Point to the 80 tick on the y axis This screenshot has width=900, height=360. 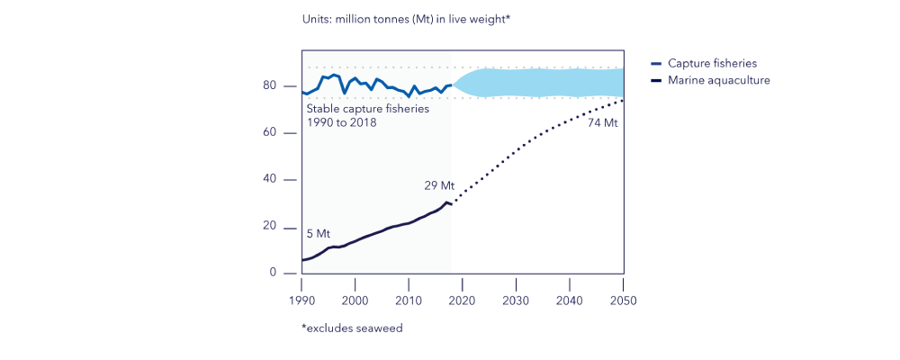(x=270, y=85)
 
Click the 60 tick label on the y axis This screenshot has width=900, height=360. (x=270, y=132)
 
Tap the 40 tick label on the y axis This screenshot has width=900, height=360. (x=270, y=179)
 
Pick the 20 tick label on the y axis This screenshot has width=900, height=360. (x=270, y=226)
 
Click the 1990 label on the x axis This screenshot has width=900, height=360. (x=301, y=301)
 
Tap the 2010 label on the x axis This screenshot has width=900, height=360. (x=409, y=301)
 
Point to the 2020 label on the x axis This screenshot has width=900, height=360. (x=462, y=301)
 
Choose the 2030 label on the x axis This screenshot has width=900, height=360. (x=516, y=301)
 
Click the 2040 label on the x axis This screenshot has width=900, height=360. (x=569, y=301)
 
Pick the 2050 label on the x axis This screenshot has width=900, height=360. (x=623, y=301)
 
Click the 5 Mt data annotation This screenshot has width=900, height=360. (x=319, y=233)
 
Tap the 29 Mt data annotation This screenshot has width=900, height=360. (x=439, y=186)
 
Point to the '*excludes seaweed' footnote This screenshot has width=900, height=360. (x=352, y=328)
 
